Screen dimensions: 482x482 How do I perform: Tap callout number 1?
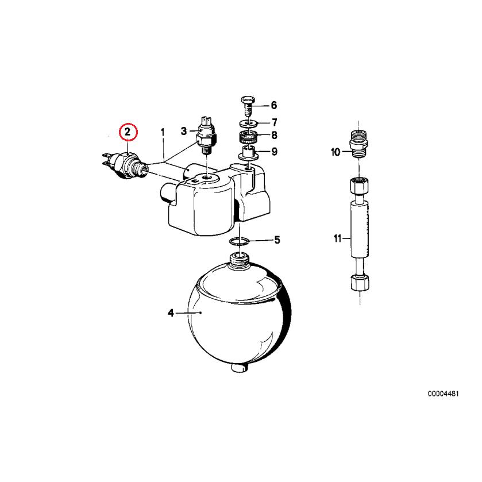(163, 132)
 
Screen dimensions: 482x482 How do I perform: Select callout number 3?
(184, 132)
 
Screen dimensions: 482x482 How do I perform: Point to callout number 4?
(171, 313)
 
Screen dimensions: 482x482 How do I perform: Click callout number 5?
(277, 240)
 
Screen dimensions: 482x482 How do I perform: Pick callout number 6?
(273, 105)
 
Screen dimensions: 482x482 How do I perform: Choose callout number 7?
(274, 122)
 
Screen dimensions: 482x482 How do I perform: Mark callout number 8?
(274, 136)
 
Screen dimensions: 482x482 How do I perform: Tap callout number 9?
(274, 152)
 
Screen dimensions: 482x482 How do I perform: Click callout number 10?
(336, 152)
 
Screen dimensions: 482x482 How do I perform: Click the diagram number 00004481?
(442, 394)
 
